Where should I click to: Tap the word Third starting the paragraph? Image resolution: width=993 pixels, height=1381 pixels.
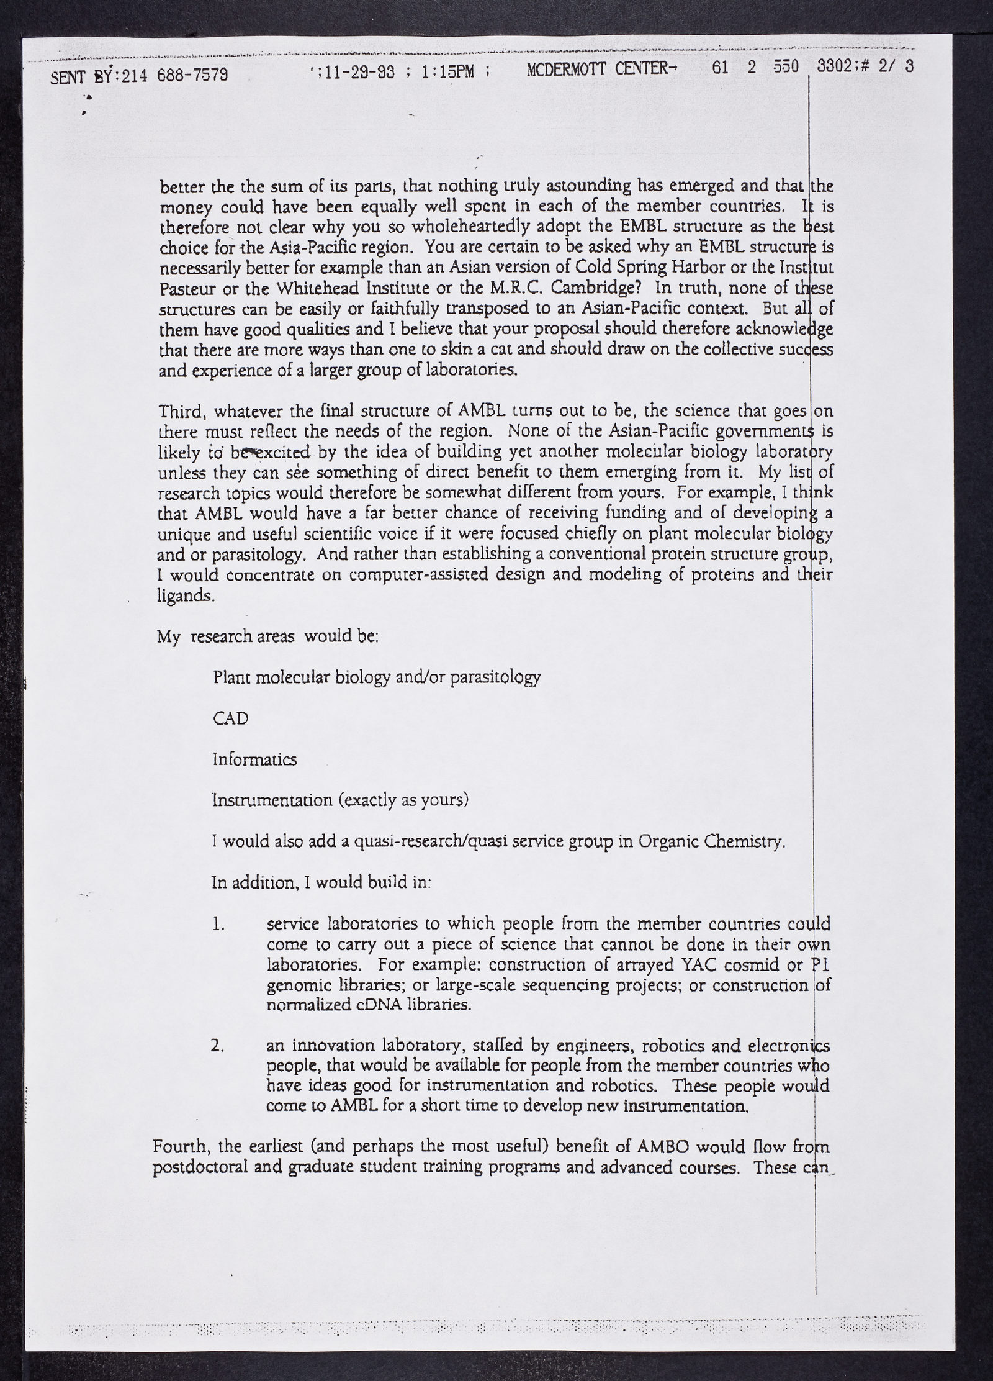tap(179, 411)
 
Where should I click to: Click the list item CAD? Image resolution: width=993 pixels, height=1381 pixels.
tap(230, 718)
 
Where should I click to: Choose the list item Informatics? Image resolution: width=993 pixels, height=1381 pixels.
tap(254, 759)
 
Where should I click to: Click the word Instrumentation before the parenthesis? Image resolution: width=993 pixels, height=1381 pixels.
tap(272, 800)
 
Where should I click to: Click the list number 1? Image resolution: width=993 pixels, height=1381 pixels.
tap(217, 925)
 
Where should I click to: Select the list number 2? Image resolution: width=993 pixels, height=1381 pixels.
tap(217, 1046)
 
